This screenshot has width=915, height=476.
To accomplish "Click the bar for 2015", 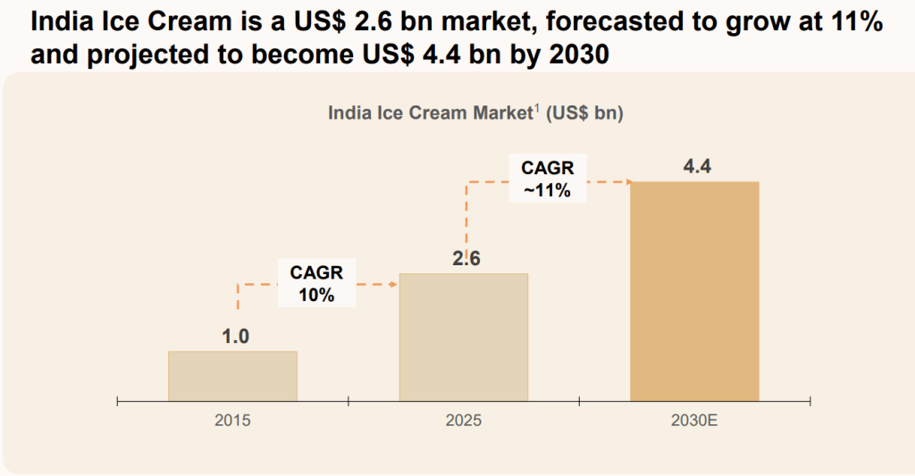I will [232, 376].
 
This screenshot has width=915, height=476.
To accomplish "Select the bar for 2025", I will [464, 337].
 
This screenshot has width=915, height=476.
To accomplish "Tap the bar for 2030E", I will [694, 291].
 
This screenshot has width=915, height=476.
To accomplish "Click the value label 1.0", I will [236, 337].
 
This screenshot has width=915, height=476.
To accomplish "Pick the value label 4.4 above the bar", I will [696, 166].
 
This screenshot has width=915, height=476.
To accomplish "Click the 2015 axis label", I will [232, 419].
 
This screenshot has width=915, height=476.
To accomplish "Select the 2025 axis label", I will [464, 419].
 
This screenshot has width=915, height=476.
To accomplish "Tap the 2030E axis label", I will [694, 419].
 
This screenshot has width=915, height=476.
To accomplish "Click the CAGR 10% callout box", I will [316, 283].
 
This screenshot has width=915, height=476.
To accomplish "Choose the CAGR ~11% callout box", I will [547, 178].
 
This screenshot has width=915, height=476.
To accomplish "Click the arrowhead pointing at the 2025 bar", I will [393, 285].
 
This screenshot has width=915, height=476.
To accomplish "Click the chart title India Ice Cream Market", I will [430, 113].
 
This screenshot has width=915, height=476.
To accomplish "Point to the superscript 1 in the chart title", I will [537, 109].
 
